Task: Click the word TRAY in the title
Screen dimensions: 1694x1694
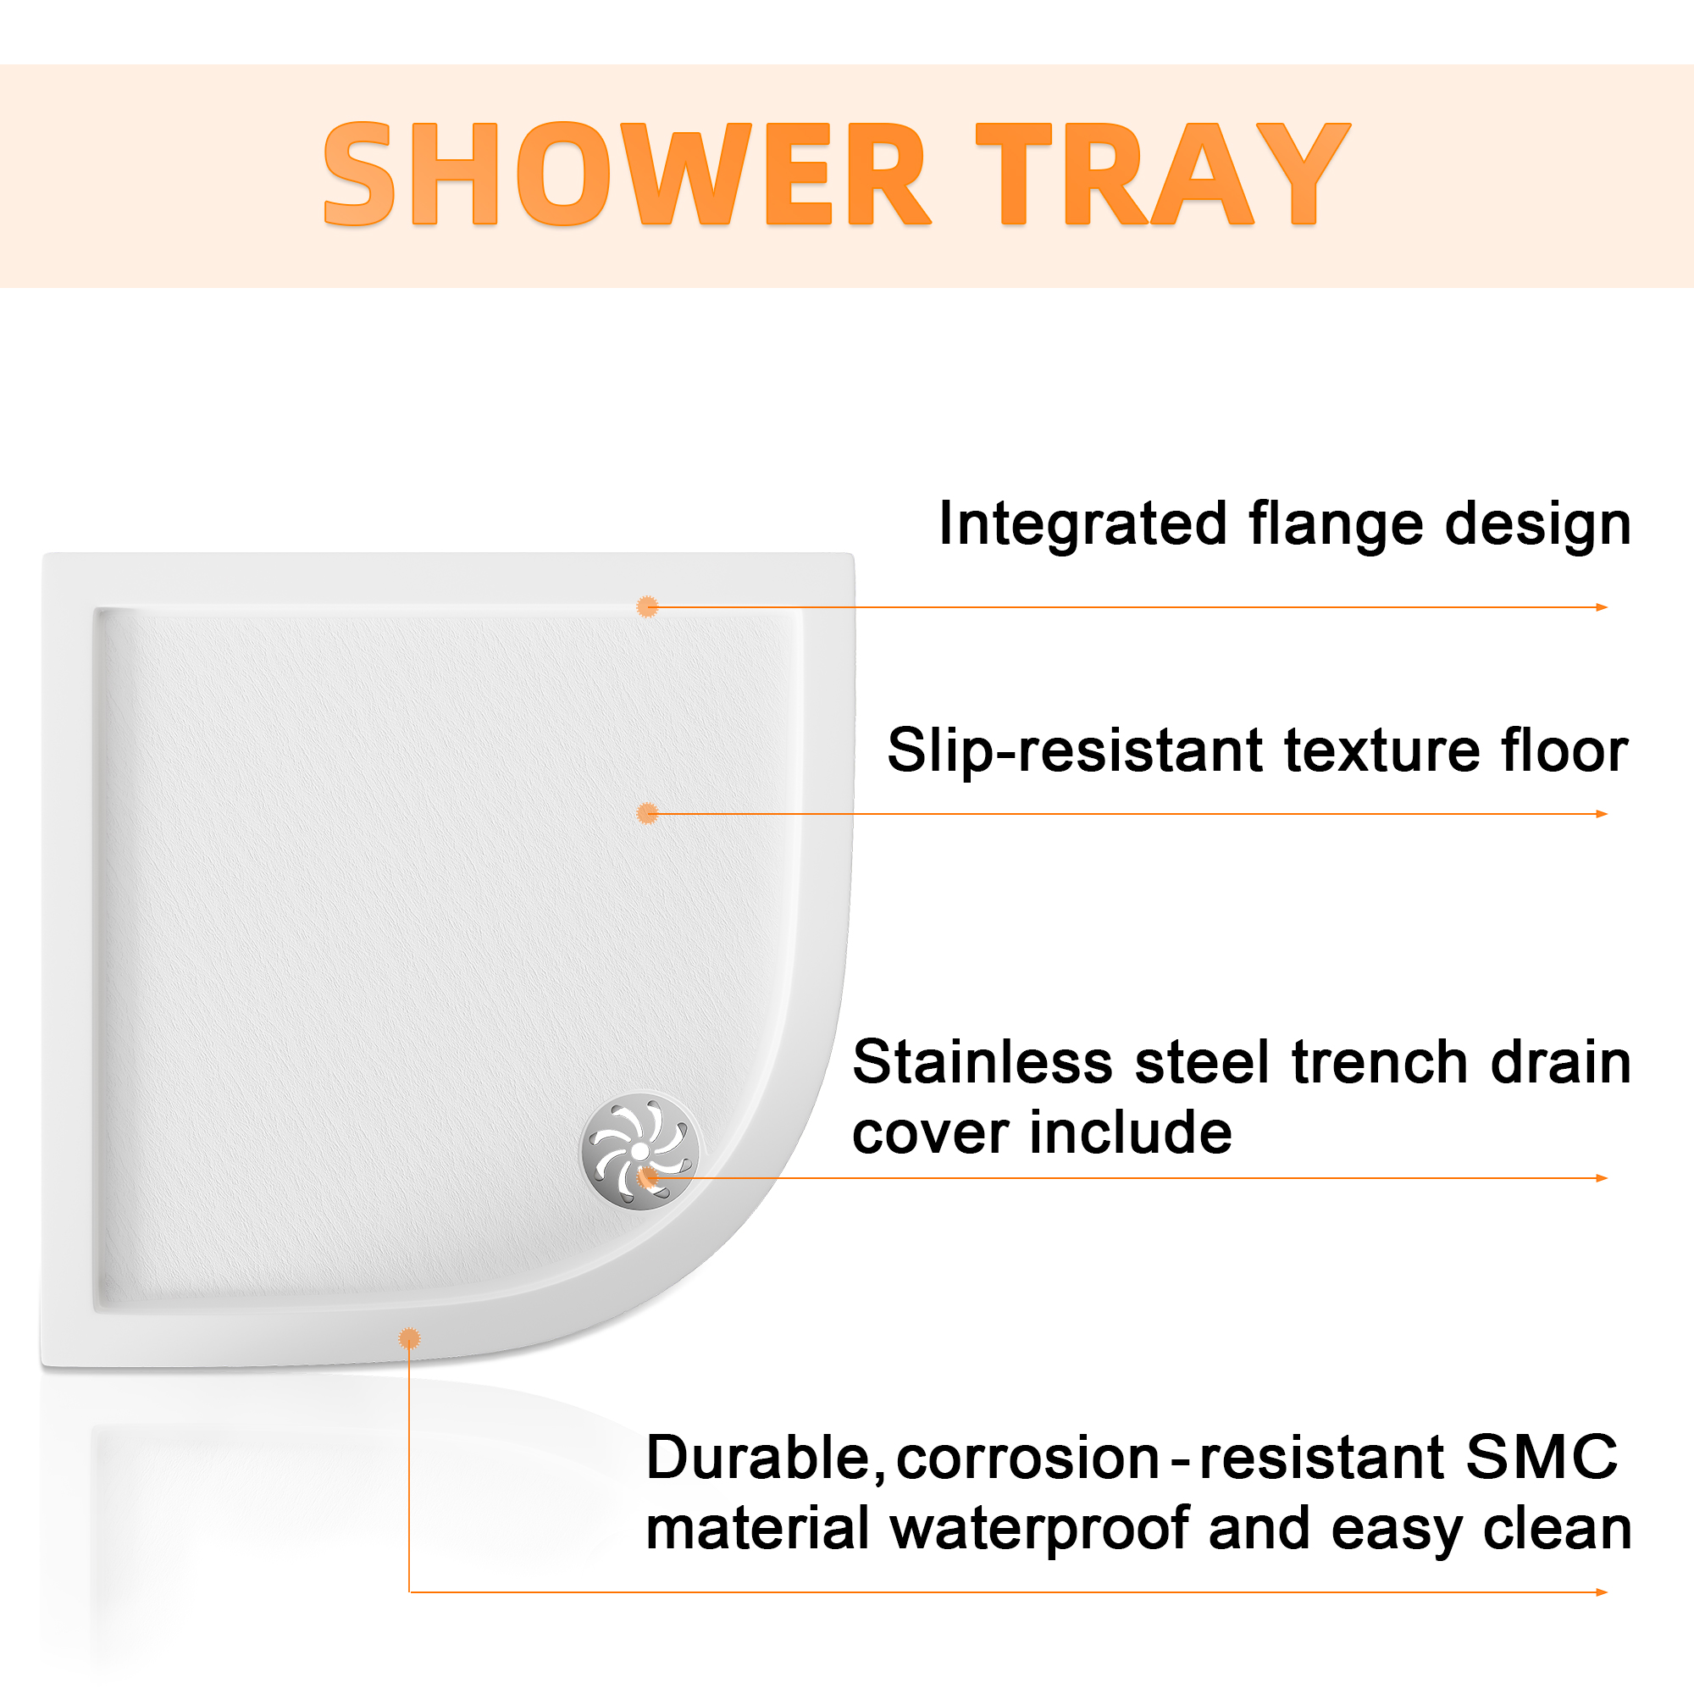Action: point(1164,174)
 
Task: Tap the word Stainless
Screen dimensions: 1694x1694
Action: point(983,1063)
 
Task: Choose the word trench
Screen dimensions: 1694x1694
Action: point(1381,1063)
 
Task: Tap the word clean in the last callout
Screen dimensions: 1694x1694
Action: point(1558,1528)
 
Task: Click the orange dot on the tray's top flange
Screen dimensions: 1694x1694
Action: point(647,606)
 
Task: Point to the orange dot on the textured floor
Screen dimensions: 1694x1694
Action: point(647,814)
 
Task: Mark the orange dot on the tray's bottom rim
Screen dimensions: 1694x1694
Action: point(409,1339)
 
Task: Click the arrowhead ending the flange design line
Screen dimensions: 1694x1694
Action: point(1602,606)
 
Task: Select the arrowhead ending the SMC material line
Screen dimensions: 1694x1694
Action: point(1602,1592)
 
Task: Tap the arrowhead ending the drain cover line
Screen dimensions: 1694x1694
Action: point(1602,1178)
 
